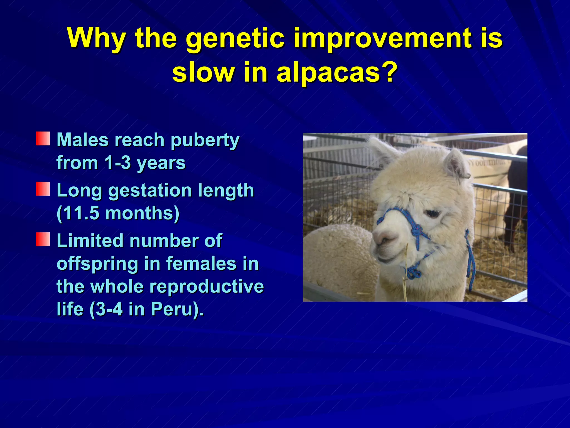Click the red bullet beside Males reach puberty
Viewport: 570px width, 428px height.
click(43, 139)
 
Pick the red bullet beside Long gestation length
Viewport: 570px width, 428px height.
click(43, 189)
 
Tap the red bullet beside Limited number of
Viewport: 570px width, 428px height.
click(43, 240)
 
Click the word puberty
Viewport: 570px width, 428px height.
click(205, 140)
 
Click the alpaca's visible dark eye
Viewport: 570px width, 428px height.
click(432, 213)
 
